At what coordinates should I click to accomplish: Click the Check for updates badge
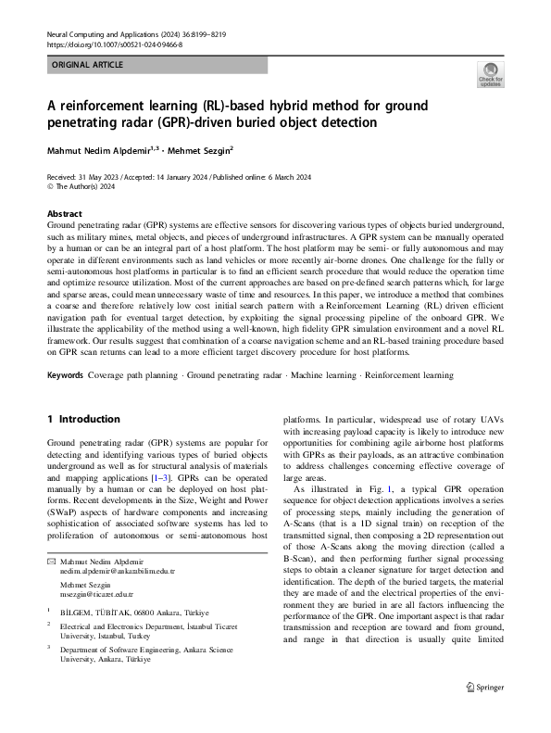point(490,73)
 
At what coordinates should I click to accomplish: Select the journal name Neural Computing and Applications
point(110,32)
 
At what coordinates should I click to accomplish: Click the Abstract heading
point(64,212)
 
